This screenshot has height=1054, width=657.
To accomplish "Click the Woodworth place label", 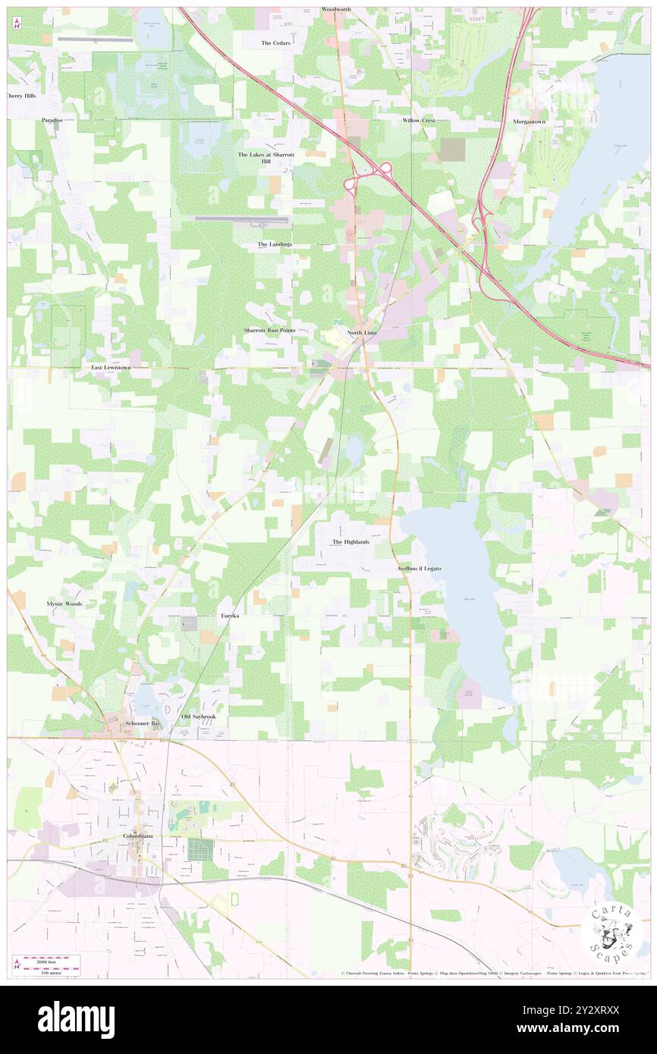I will [x=336, y=9].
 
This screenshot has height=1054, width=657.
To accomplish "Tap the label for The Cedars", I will [x=275, y=43].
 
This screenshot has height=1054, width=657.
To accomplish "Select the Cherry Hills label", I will [x=20, y=96].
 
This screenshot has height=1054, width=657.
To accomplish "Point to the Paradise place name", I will [x=52, y=121].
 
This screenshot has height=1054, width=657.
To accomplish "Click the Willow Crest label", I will [x=419, y=121].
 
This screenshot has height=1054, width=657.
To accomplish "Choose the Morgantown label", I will [x=530, y=121].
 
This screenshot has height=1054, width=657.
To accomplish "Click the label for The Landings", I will [x=274, y=244].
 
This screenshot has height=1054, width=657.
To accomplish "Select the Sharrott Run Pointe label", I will [x=269, y=331].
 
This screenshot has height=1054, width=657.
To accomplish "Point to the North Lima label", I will [x=362, y=334].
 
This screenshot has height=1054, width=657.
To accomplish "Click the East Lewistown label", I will [x=111, y=367].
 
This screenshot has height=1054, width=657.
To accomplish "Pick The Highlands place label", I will [x=351, y=542].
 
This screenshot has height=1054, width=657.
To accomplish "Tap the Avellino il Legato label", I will [x=418, y=568].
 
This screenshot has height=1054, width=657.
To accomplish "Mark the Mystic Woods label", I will [x=64, y=604].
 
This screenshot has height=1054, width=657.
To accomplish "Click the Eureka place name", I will [x=230, y=616].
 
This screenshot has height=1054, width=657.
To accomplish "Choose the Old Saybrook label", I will [x=199, y=717].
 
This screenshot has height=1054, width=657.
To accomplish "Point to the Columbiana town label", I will [x=143, y=836].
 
